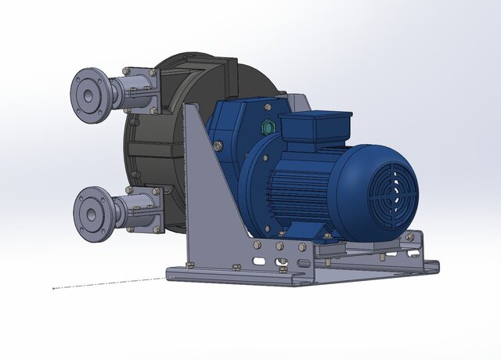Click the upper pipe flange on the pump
(90, 94)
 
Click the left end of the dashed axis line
(53, 288)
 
